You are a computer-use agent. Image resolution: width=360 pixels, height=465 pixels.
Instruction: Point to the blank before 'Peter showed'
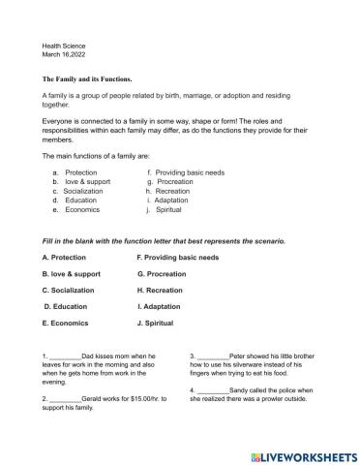coord(215,356)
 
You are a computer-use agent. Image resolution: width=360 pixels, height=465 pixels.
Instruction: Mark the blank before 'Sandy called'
coord(215,389)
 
